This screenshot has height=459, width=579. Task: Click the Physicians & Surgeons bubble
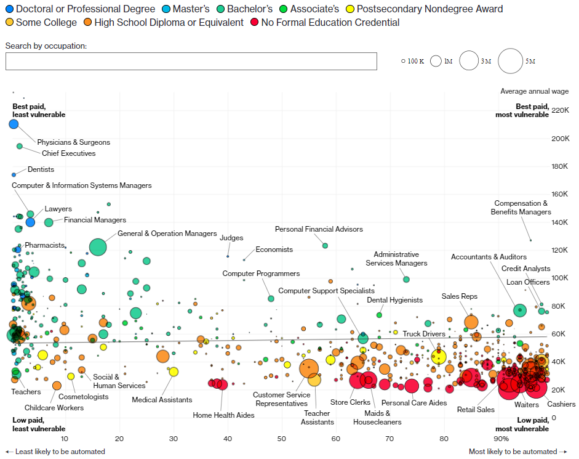tap(14, 124)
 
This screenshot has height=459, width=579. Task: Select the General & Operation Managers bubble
tap(98, 246)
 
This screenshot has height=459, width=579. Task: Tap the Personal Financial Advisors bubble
tap(325, 246)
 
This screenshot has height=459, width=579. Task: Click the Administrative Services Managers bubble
tap(406, 279)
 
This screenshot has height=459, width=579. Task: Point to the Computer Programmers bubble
tap(271, 298)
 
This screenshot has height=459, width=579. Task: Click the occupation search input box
tap(191, 61)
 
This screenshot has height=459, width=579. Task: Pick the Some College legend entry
tap(41, 23)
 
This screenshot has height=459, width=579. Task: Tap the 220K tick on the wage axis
tap(541, 110)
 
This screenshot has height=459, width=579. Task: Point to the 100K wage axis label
tap(541, 278)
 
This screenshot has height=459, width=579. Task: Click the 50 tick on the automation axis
tap(282, 438)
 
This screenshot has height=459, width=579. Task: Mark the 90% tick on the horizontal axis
tap(501, 438)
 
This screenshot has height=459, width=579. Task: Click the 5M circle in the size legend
tap(510, 61)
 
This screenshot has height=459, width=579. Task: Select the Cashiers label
tap(561, 404)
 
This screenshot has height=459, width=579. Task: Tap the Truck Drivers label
tap(424, 334)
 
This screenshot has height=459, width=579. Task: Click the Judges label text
tap(231, 238)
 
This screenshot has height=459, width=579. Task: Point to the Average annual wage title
tap(534, 91)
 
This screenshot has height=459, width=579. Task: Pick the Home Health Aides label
tap(223, 415)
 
